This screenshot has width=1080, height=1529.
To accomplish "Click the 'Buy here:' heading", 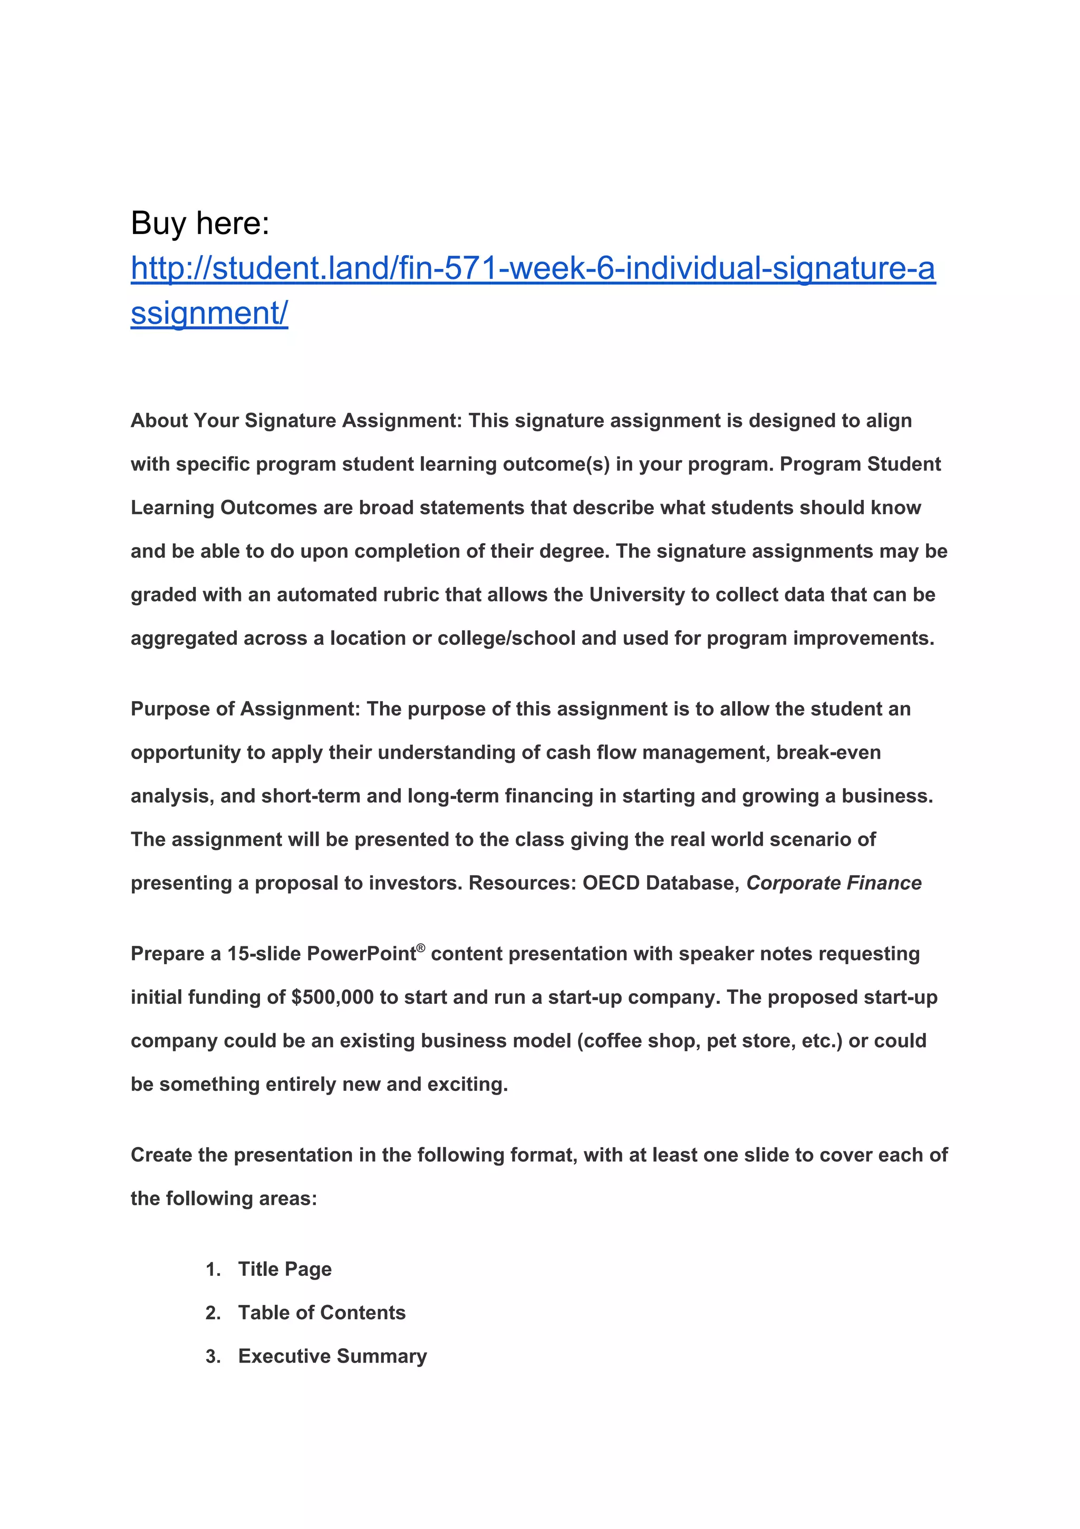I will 200,223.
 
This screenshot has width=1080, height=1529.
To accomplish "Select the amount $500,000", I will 332,997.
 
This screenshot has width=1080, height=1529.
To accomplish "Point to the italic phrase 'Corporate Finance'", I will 834,883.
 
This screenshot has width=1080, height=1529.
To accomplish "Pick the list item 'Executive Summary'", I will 332,1356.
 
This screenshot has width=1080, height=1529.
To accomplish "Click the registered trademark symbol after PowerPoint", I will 420,947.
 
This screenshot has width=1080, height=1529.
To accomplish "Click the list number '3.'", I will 213,1357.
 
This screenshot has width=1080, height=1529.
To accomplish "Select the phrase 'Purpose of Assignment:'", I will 245,709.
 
